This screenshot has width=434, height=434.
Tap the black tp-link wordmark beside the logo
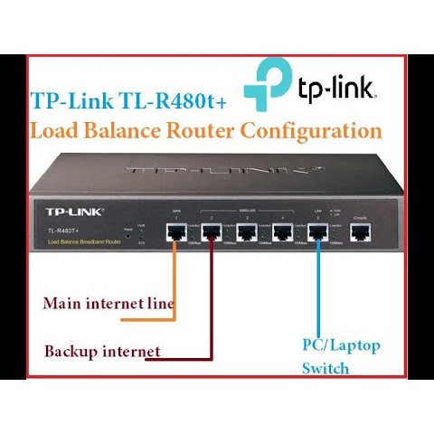click(336, 88)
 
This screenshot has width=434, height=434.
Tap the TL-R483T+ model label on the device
click(64, 231)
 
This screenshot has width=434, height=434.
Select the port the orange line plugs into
click(175, 234)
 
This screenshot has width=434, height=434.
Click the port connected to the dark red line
click(212, 234)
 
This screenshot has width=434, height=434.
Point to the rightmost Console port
click(360, 234)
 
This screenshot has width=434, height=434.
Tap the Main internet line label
click(108, 303)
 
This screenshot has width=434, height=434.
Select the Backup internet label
click(102, 351)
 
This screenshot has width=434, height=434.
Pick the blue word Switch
click(326, 369)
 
